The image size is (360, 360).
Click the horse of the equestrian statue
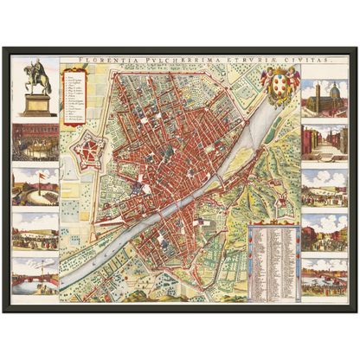pos(36,76)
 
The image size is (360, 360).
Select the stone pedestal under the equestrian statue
pos(36,104)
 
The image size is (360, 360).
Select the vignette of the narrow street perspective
pos(325,142)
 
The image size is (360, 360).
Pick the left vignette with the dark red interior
pos(36,142)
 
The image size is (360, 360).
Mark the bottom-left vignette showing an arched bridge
pos(36,275)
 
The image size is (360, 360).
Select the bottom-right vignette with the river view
pos(325,275)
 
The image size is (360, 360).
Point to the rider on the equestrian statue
pos(36,67)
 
